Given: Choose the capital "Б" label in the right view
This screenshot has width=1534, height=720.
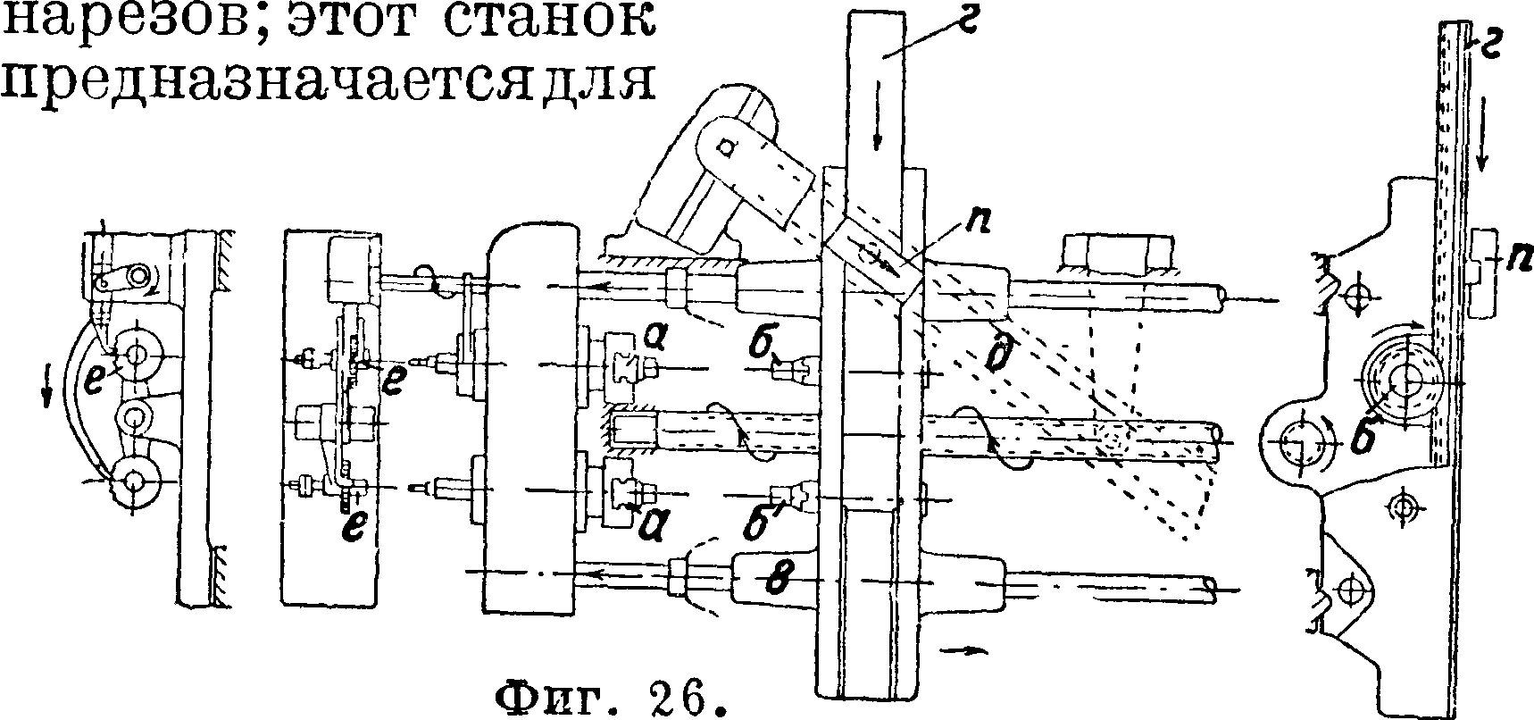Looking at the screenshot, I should (1361, 435).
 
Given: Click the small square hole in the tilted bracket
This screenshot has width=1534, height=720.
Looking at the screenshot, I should (724, 143).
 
